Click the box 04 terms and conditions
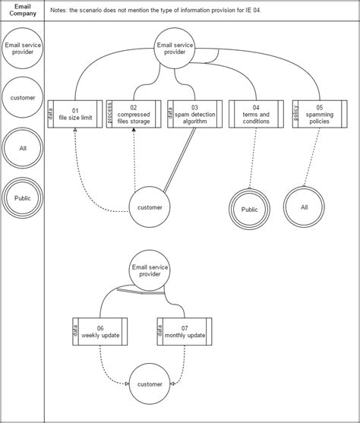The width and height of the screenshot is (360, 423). tap(255, 113)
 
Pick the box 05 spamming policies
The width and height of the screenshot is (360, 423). tap(319, 113)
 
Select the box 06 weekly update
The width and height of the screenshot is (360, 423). tap(100, 331)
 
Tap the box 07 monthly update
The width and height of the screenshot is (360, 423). tap(185, 331)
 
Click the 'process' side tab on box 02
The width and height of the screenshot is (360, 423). tap(109, 113)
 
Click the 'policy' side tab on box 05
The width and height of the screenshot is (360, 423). tap(296, 113)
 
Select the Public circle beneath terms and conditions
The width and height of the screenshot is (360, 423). tap(249, 209)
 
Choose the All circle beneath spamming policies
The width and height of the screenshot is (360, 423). tap(305, 207)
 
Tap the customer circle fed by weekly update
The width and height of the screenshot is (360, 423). tap(150, 384)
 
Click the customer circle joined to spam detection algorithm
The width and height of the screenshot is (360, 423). tap(150, 206)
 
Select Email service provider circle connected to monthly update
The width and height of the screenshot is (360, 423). tap(150, 271)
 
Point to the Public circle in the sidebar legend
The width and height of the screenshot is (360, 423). tap(22, 197)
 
